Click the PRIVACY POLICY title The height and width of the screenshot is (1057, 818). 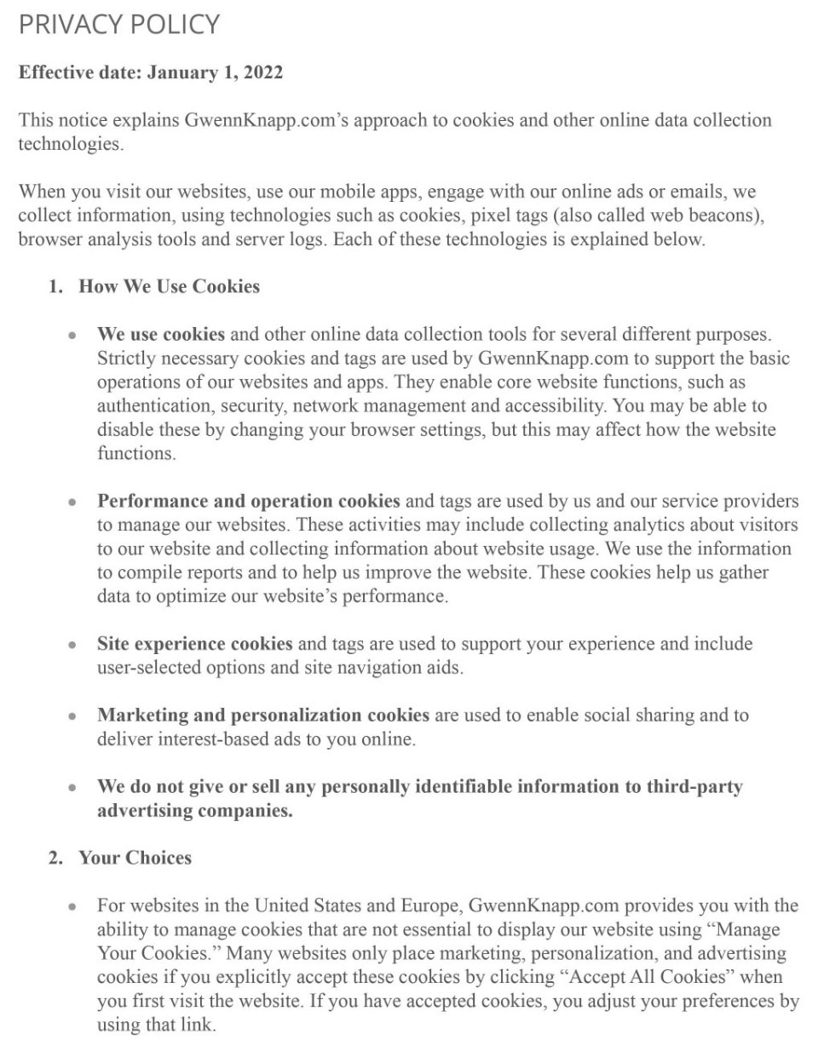click(x=119, y=24)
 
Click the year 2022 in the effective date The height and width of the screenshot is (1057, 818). click(x=262, y=72)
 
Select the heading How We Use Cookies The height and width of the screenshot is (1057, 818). click(x=169, y=286)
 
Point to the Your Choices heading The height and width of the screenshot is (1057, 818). click(x=135, y=858)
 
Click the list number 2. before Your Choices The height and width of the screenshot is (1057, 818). click(x=55, y=858)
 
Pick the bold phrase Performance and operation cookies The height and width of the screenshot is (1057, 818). click(x=248, y=501)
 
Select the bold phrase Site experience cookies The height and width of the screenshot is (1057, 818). click(x=194, y=644)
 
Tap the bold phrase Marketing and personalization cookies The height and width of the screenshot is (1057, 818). click(x=262, y=715)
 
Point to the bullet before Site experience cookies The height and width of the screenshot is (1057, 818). click(x=72, y=645)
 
